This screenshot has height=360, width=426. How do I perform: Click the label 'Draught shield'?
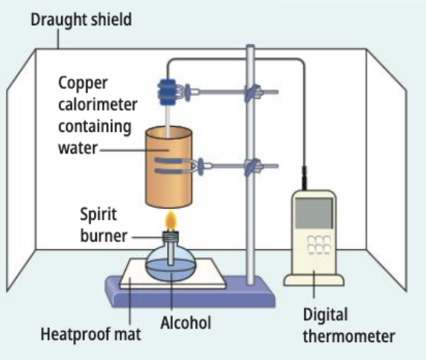point(81,20)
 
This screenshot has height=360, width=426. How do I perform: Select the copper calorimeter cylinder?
point(169,167)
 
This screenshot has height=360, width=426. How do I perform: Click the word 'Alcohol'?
point(186,323)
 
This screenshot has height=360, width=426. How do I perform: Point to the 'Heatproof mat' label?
point(91,334)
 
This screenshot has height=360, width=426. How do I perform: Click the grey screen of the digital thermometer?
point(314,213)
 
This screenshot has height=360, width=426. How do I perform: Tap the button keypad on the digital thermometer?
point(319,244)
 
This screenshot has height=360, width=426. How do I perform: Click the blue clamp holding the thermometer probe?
point(167,92)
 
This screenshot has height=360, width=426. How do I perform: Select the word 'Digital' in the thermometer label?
point(325,315)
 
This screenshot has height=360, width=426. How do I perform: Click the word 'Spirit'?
point(98,215)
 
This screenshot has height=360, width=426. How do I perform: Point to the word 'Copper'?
point(83,83)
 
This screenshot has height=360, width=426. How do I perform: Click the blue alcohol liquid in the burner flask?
point(171,270)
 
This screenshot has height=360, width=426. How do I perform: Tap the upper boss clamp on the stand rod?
point(252,92)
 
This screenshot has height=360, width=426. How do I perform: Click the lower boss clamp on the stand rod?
point(252,166)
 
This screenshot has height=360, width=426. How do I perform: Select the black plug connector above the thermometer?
point(305,178)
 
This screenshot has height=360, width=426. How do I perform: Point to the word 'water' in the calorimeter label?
point(77,148)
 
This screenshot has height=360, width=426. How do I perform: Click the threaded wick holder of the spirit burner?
point(171,236)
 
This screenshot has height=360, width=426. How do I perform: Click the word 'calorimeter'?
point(98,104)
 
